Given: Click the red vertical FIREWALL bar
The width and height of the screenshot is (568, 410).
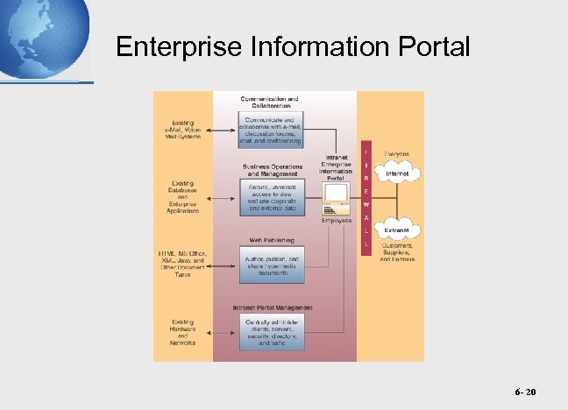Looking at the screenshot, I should pyautogui.click(x=366, y=199).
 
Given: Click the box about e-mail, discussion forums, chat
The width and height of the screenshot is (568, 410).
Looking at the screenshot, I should pyautogui.click(x=272, y=130).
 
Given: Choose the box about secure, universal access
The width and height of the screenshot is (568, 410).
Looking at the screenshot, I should pyautogui.click(x=272, y=197).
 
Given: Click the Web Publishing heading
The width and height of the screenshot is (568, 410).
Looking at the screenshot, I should pyautogui.click(x=272, y=238).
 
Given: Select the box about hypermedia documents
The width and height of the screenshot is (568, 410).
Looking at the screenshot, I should pyautogui.click(x=272, y=265).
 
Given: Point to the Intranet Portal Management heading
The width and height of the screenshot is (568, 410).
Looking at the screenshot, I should pyautogui.click(x=272, y=307).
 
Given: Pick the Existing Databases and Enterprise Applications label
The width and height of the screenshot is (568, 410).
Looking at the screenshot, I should pyautogui.click(x=183, y=197).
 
